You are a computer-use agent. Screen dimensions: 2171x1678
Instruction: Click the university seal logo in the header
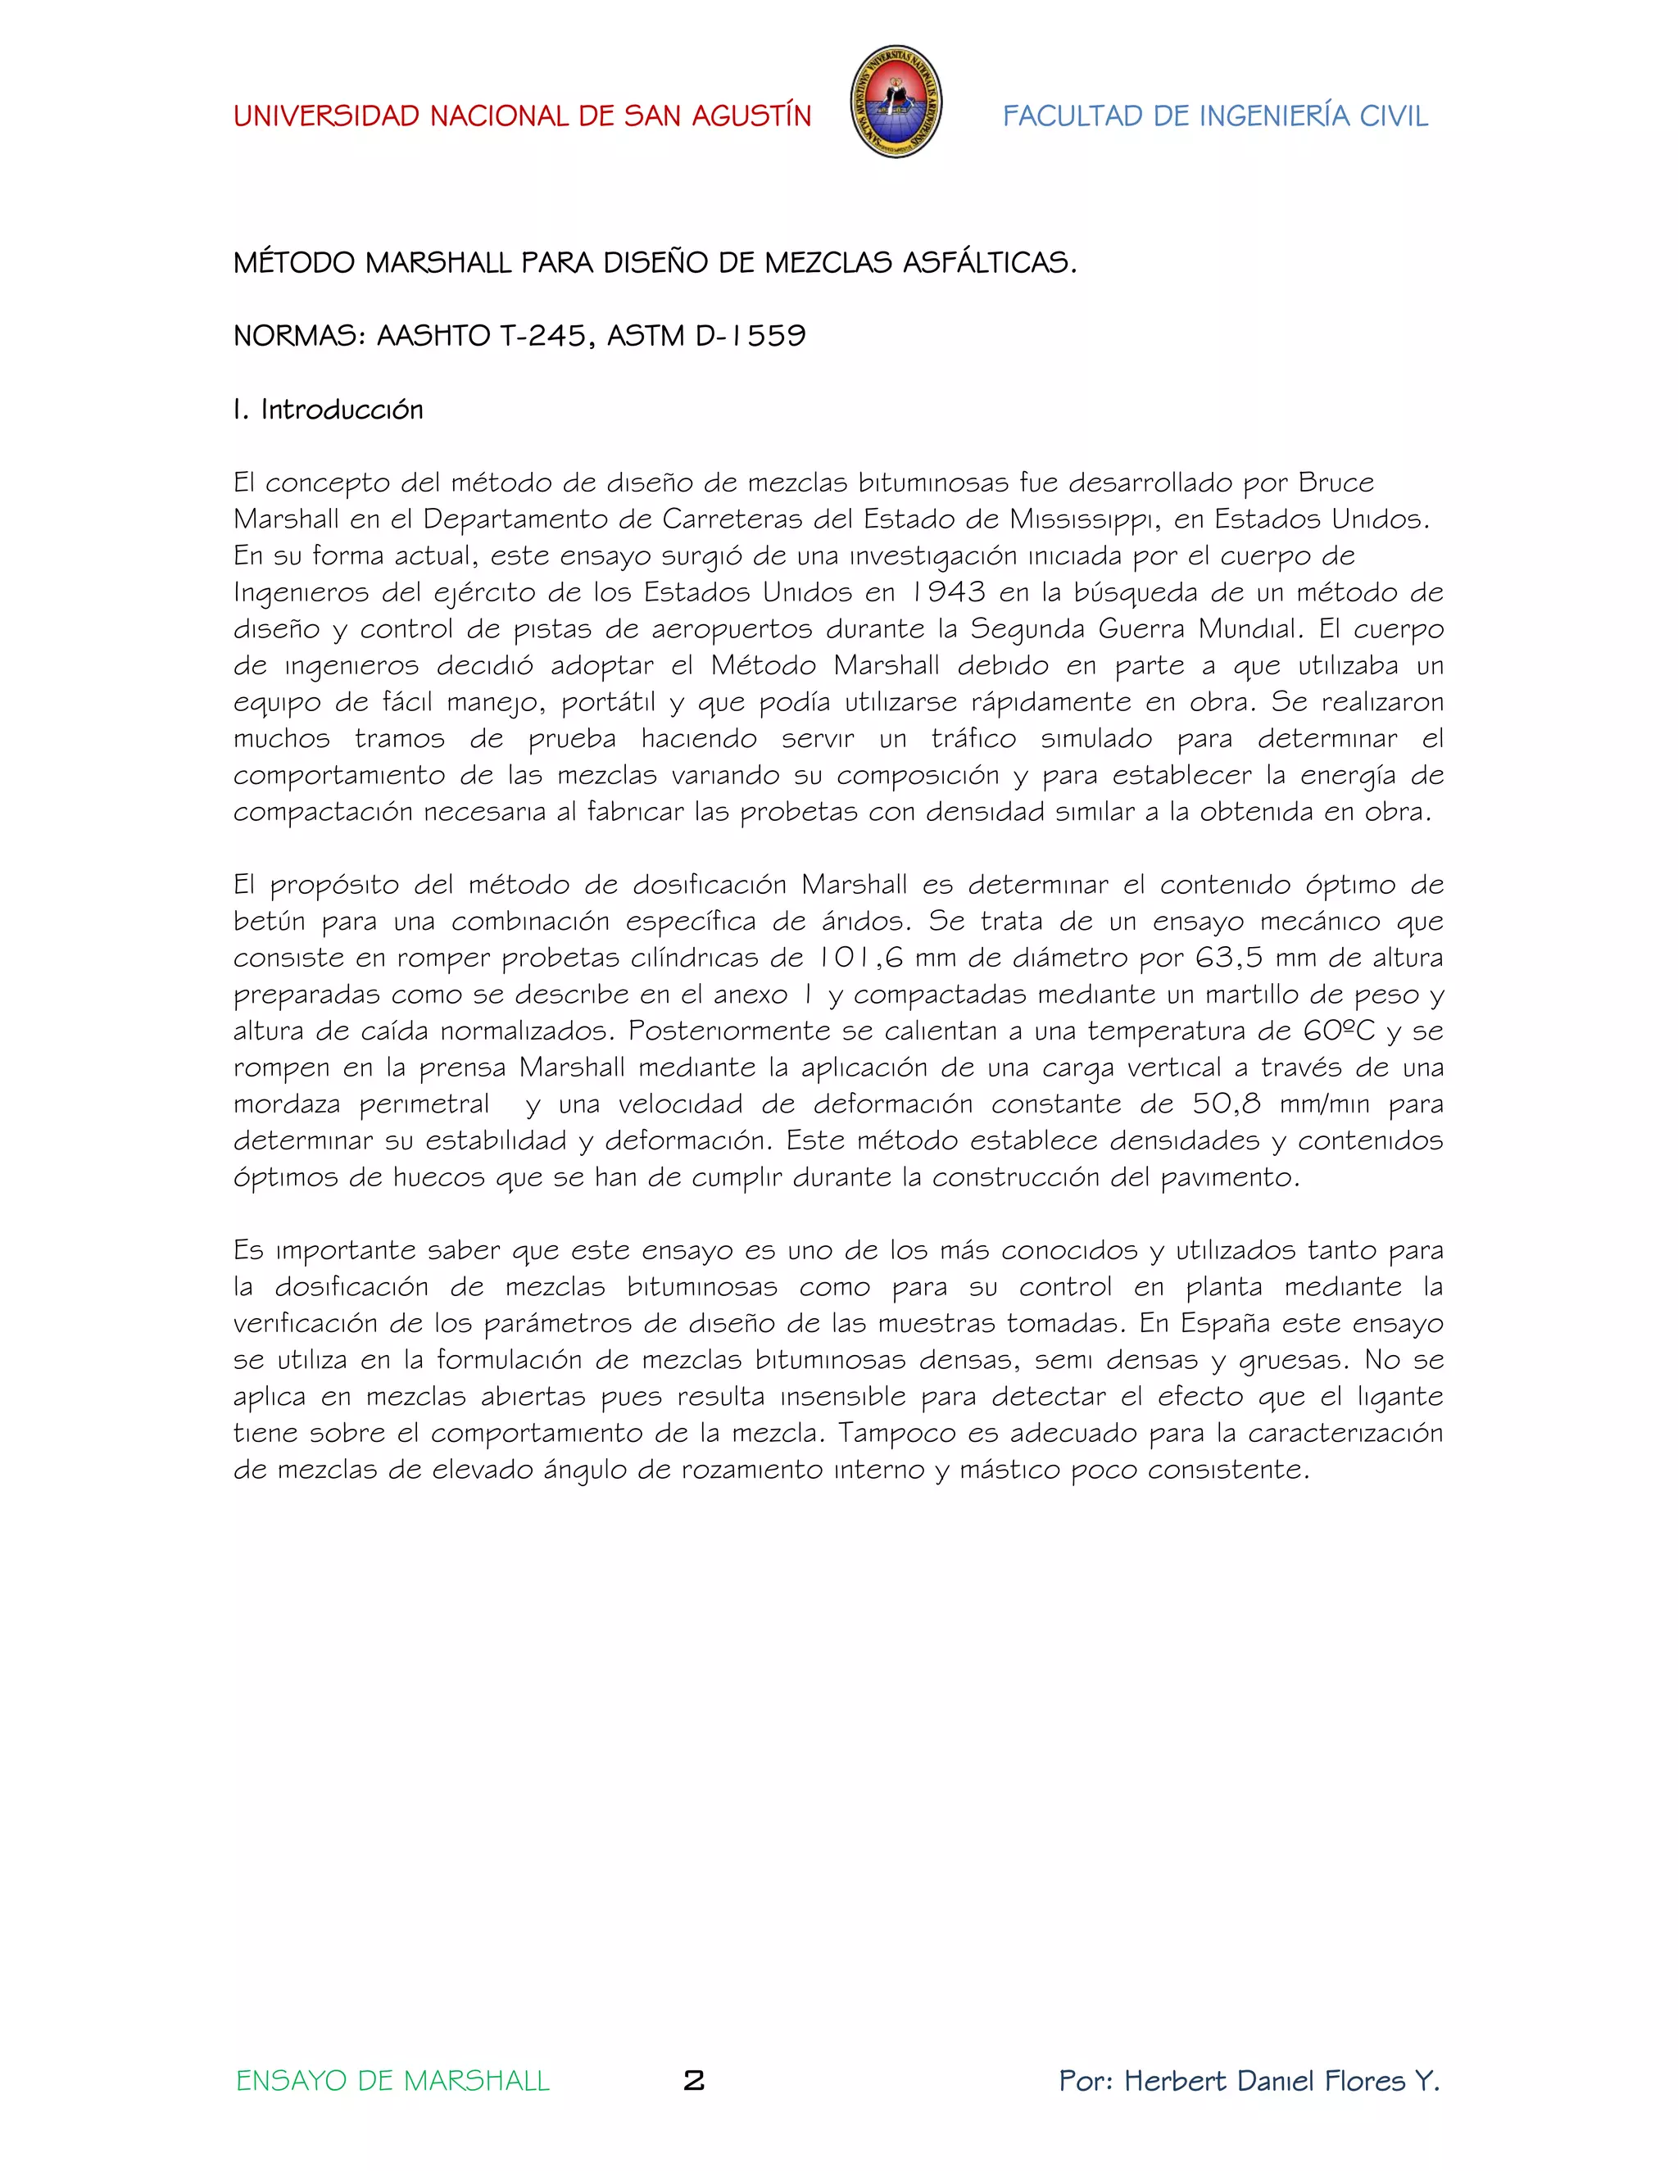tap(896, 102)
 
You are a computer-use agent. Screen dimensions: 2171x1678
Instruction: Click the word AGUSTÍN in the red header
tap(751, 116)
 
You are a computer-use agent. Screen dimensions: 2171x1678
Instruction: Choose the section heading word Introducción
tap(342, 410)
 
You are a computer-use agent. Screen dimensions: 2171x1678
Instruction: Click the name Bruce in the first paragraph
tap(1336, 483)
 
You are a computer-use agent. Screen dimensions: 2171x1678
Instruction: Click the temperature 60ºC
tap(1339, 1031)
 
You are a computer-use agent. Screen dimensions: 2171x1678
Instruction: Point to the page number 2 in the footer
tap(694, 2081)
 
